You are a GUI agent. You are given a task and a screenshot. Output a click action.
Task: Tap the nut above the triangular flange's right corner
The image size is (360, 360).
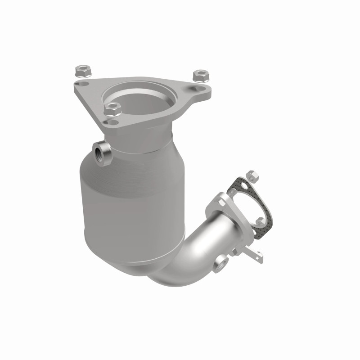tap(198, 75)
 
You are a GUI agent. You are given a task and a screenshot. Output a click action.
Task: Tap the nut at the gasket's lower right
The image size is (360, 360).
tap(261, 221)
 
